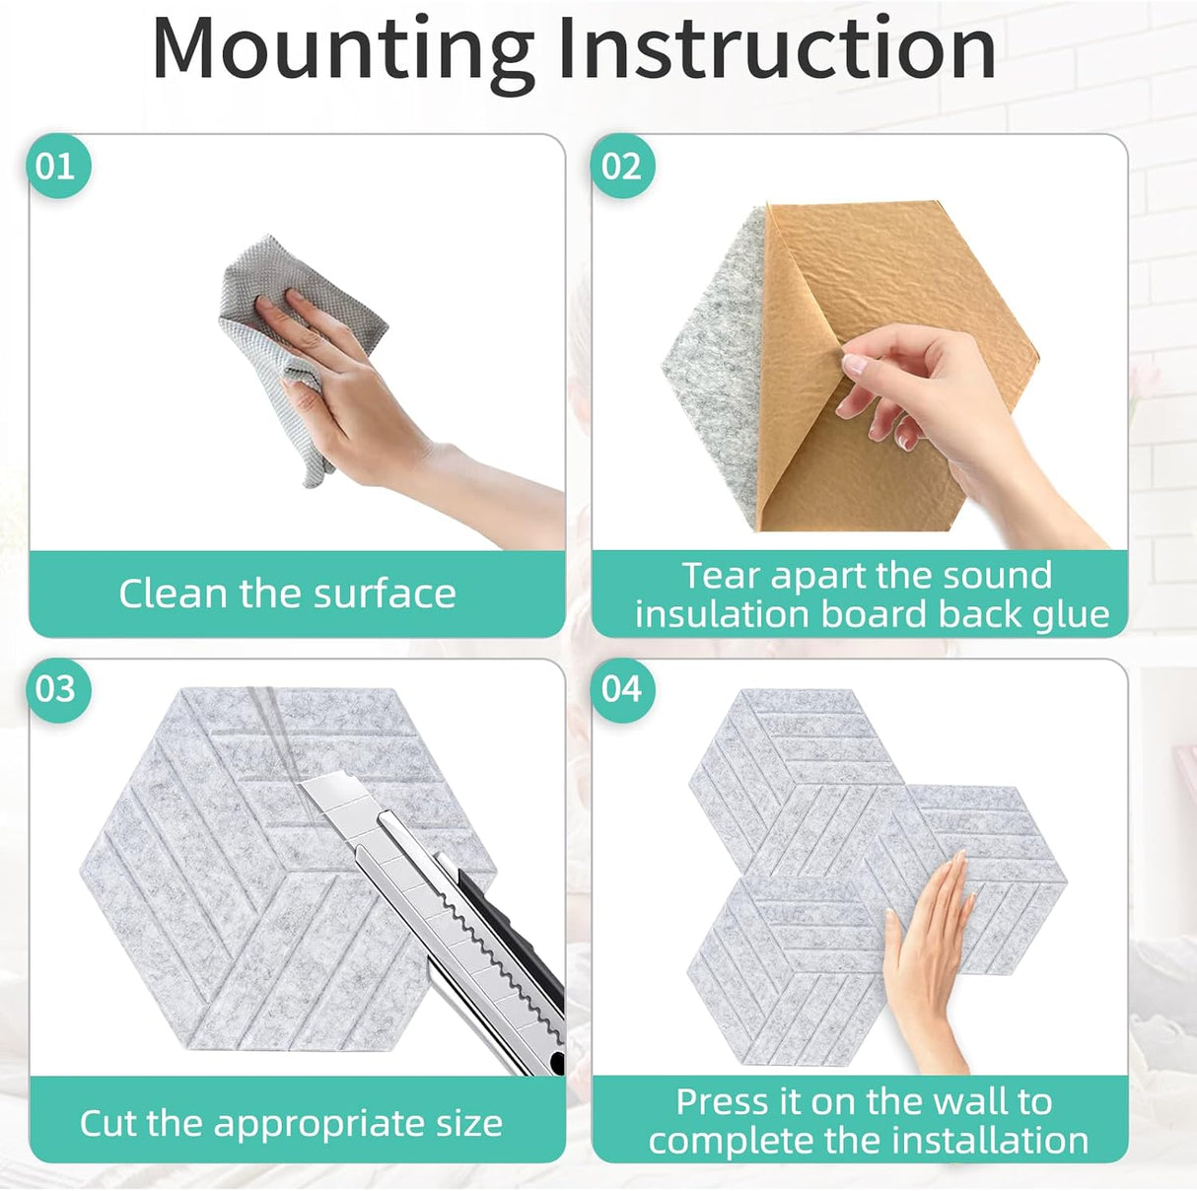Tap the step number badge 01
coord(58,167)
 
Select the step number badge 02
coord(622,167)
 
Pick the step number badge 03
coord(58,689)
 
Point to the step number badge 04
coord(622,689)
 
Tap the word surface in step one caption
coord(385,594)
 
